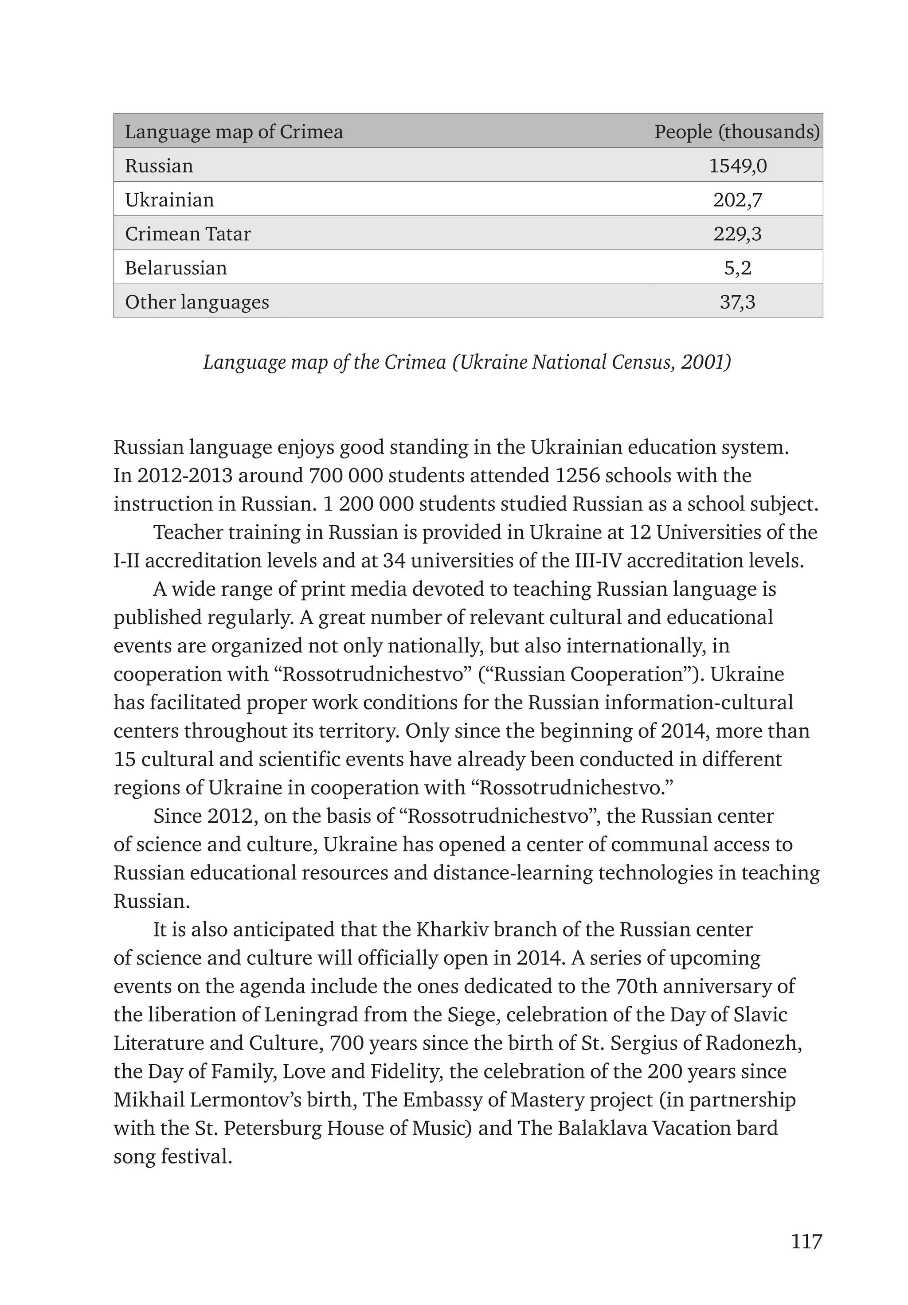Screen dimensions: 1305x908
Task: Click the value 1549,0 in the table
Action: pyautogui.click(x=737, y=166)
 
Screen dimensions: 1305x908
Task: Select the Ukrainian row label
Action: pyautogui.click(x=169, y=200)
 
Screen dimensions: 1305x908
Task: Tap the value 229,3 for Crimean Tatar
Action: pyautogui.click(x=737, y=234)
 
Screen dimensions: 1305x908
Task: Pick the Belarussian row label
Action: pyautogui.click(x=176, y=268)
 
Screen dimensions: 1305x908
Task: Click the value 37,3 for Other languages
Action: pyautogui.click(x=737, y=302)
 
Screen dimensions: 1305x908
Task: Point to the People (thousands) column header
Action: pyautogui.click(x=737, y=132)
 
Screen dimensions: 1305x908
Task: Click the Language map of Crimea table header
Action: pyautogui.click(x=234, y=132)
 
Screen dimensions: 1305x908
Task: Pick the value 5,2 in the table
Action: pyautogui.click(x=737, y=268)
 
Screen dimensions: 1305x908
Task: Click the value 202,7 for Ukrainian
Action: pyautogui.click(x=737, y=200)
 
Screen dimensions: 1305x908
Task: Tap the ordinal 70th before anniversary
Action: pyautogui.click(x=636, y=987)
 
